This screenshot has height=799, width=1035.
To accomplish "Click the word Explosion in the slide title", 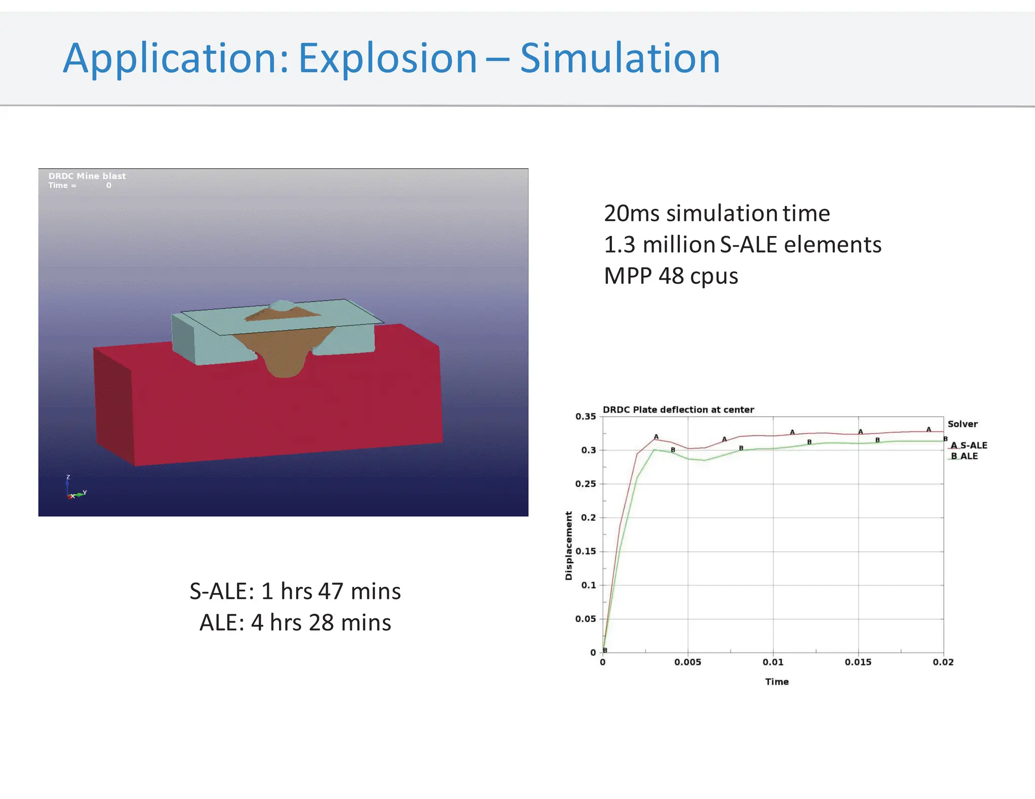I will pyautogui.click(x=387, y=59).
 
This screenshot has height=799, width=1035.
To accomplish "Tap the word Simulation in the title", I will pyautogui.click(x=620, y=59).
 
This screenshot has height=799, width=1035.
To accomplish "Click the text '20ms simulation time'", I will pyautogui.click(x=717, y=213).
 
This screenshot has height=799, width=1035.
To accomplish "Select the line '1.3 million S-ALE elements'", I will pyautogui.click(x=742, y=245).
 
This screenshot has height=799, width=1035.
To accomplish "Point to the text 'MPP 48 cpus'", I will pyautogui.click(x=671, y=276).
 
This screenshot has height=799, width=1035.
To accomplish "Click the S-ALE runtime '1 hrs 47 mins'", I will pyautogui.click(x=331, y=591).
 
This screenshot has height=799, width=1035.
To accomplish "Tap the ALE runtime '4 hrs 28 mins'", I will pyautogui.click(x=320, y=622).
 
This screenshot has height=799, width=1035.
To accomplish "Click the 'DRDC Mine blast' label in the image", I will pyautogui.click(x=87, y=176).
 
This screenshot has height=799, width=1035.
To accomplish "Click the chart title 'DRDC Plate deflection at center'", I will pyautogui.click(x=678, y=410).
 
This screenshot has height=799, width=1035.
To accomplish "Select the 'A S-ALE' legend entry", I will pyautogui.click(x=968, y=445).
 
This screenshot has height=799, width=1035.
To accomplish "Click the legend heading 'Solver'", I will pyautogui.click(x=962, y=424).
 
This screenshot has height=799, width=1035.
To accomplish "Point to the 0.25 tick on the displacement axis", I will pyautogui.click(x=585, y=484).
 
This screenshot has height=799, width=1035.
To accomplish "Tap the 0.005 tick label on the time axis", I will pyautogui.click(x=687, y=662).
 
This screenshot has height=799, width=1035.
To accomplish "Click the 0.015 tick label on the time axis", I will pyautogui.click(x=858, y=662).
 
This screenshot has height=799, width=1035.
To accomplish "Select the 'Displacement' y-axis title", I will pyautogui.click(x=569, y=545).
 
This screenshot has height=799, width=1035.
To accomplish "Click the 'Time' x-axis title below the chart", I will pyautogui.click(x=776, y=682).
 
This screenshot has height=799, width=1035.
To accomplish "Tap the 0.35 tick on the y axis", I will pyautogui.click(x=585, y=417).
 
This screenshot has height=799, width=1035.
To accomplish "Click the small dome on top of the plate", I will pyautogui.click(x=282, y=305).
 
